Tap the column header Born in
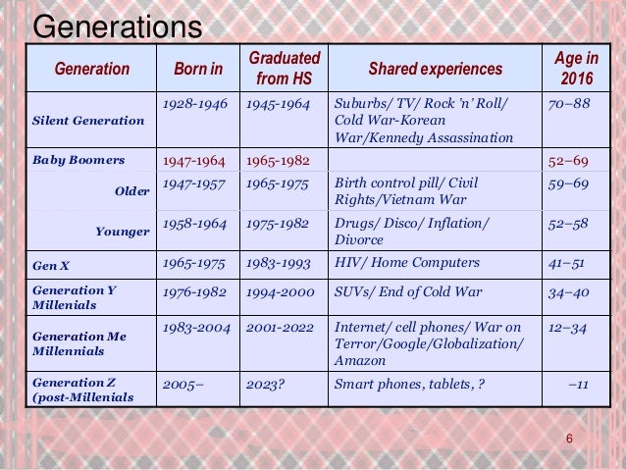click(198, 70)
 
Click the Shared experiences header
click(435, 70)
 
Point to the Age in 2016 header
click(577, 69)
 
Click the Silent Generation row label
click(88, 121)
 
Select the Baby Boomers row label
click(78, 159)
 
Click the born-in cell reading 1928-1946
click(193, 103)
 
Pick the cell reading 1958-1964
click(193, 224)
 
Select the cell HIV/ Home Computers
click(407, 263)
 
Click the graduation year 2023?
click(265, 384)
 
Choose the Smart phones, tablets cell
click(409, 384)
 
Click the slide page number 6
click(569, 438)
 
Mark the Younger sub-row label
click(123, 232)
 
